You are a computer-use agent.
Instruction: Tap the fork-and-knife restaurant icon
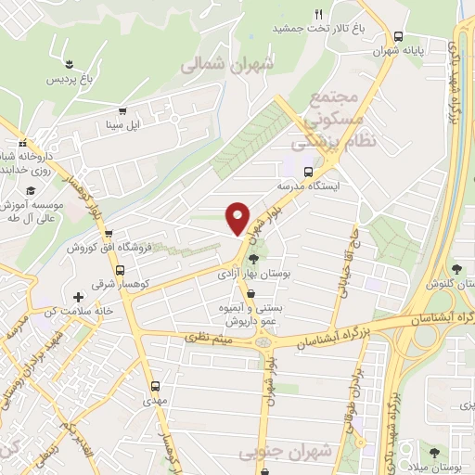tap(318, 13)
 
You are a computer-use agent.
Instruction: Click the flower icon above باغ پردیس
tap(69, 62)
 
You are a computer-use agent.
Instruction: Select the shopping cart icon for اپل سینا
tap(123, 110)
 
